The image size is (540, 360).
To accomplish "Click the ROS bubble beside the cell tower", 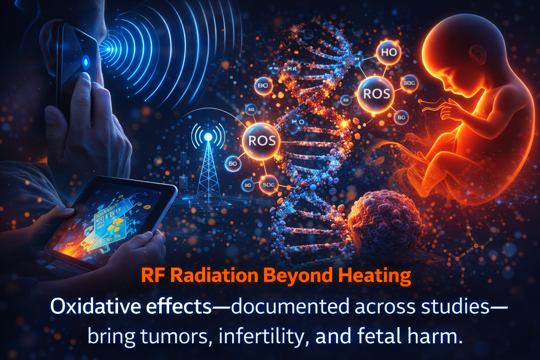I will tap(262, 141).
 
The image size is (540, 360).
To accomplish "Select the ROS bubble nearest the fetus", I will tap(376, 94).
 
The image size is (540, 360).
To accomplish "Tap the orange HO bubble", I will tap(388, 52).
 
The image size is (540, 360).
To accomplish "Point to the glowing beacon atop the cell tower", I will tap(208, 137).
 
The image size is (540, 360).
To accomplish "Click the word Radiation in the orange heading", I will tap(214, 275).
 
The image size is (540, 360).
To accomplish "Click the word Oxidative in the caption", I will tap(95, 307).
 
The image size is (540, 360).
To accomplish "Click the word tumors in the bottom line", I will tap(174, 336).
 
